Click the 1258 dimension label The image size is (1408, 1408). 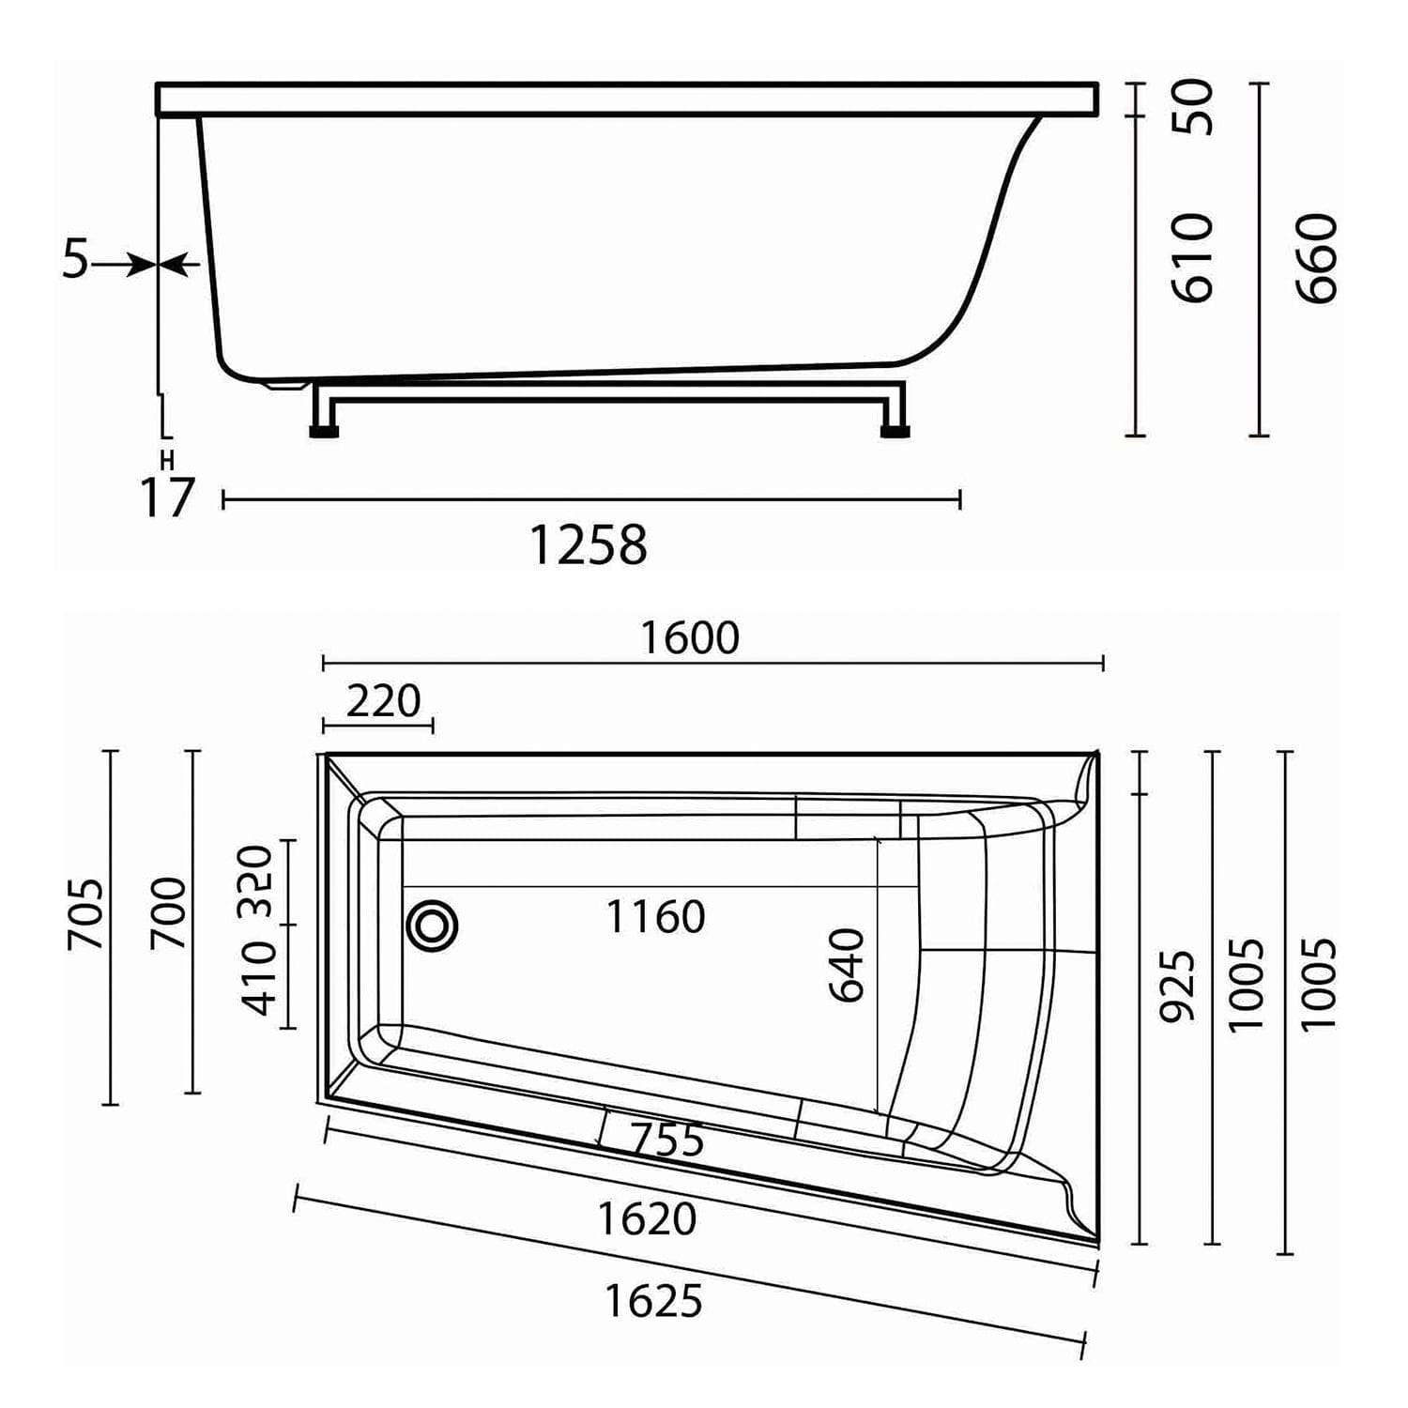tap(589, 544)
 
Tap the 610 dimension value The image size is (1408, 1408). tap(1194, 258)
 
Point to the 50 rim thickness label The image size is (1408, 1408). tap(1194, 107)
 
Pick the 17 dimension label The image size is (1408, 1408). tap(167, 497)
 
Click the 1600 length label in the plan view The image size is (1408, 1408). tap(690, 638)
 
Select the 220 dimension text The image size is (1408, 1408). tap(383, 701)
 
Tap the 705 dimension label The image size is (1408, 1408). tap(86, 914)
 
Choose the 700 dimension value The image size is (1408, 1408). tap(169, 912)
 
